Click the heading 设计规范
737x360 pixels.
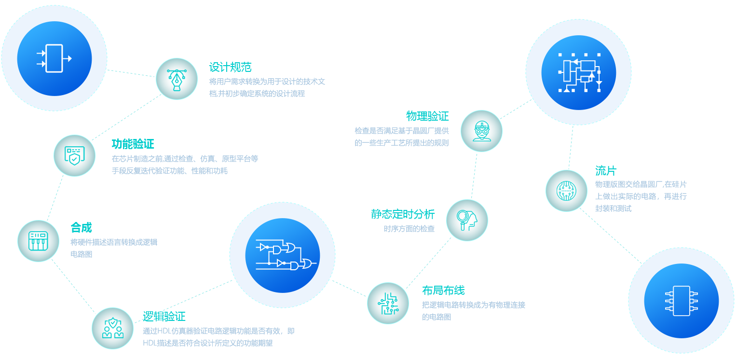(x=230, y=67)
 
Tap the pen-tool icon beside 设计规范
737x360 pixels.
(x=177, y=79)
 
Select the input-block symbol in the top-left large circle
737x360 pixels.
(x=54, y=58)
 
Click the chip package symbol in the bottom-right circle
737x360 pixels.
(x=681, y=301)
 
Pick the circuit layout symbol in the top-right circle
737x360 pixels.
(x=579, y=72)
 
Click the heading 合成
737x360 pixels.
(x=81, y=227)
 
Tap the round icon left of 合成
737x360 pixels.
(x=38, y=241)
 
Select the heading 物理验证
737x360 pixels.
(x=427, y=116)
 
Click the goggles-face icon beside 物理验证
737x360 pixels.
(x=481, y=131)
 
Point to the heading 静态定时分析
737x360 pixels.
(x=402, y=214)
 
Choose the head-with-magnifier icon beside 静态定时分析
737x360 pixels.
(x=467, y=220)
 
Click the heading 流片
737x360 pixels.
(x=606, y=170)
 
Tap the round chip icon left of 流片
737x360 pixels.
(x=566, y=191)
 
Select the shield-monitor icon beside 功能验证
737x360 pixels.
(x=74, y=155)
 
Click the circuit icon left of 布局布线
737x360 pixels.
(x=388, y=303)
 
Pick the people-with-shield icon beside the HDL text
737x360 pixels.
(x=112, y=328)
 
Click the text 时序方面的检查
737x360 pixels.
(x=409, y=229)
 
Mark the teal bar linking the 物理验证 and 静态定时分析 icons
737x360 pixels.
(x=474, y=176)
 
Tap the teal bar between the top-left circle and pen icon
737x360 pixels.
(x=131, y=73)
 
